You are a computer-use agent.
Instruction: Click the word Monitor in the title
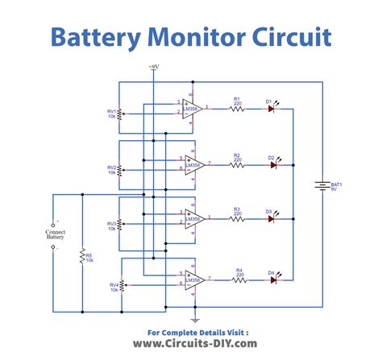[191, 36]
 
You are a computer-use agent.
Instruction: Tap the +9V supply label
[154, 67]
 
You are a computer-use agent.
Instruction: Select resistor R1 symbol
[237, 108]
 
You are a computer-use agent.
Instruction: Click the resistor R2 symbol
[237, 164]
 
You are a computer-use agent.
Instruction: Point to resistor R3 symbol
[237, 218]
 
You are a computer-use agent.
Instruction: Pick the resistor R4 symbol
[239, 279]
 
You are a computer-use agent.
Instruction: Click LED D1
[272, 108]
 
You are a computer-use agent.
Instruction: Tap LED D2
[272, 164]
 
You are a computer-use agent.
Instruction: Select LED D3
[272, 218]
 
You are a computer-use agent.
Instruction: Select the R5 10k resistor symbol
[81, 257]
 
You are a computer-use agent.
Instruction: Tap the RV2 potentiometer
[119, 170]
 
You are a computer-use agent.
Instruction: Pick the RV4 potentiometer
[122, 286]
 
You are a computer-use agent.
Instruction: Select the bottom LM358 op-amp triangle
[192, 279]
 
